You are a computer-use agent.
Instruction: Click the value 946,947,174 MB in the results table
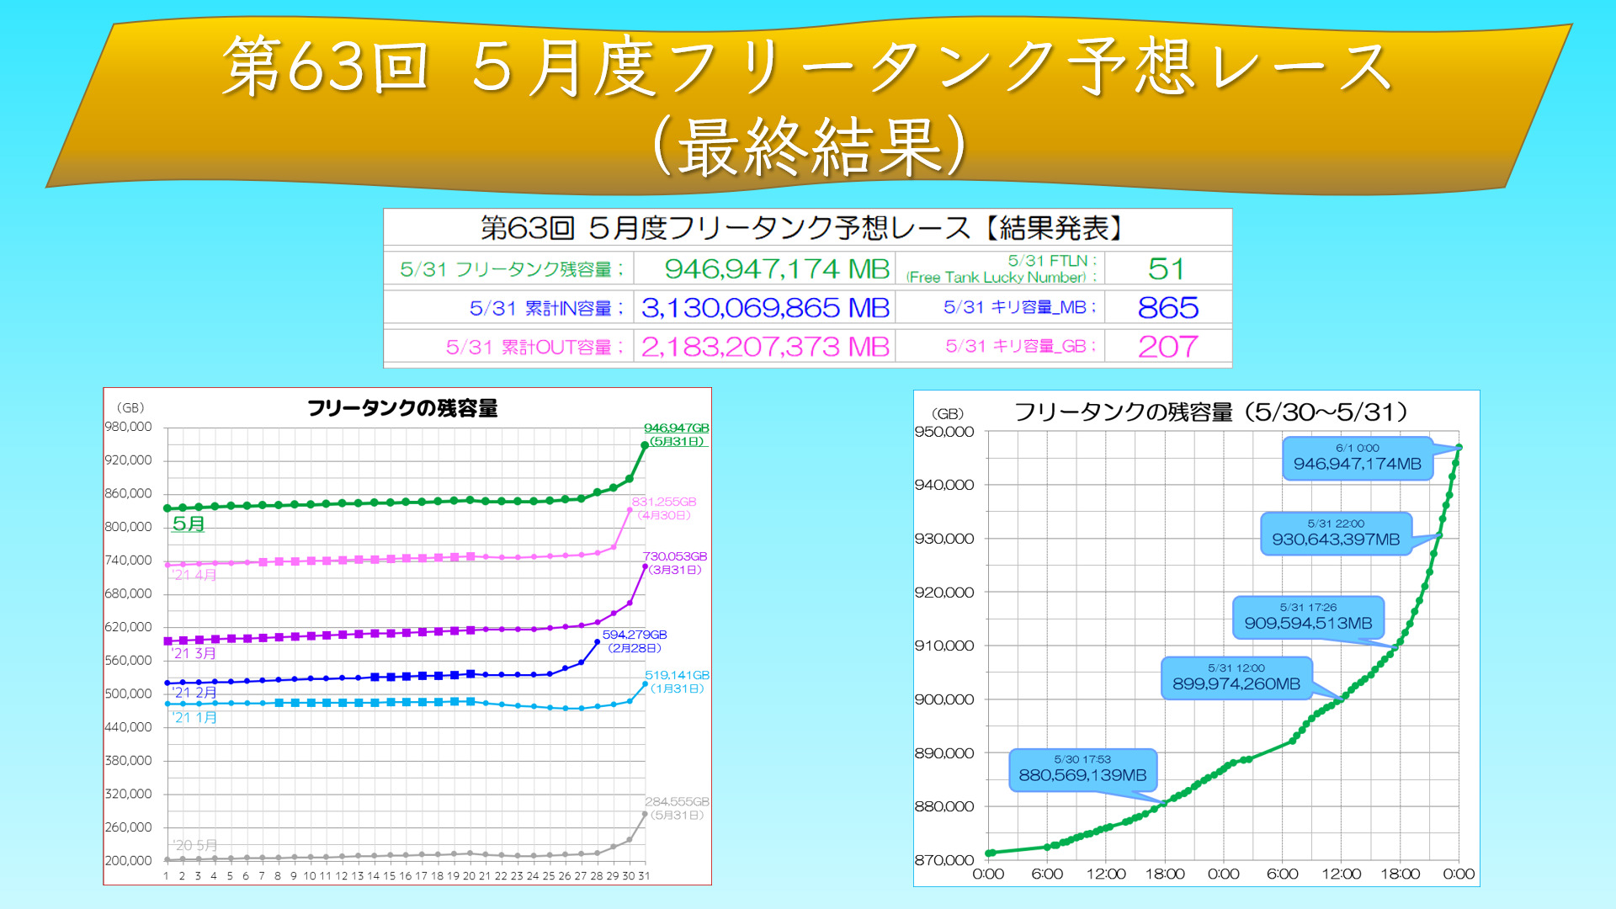(776, 269)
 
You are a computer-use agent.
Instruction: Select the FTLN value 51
(1166, 269)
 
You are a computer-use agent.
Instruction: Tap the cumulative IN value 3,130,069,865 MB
(764, 308)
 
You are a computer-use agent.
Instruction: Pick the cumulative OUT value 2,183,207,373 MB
(764, 347)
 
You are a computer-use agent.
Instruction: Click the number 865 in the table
(1167, 308)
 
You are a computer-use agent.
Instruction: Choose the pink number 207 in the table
(1167, 347)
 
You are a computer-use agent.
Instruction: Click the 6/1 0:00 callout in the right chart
(1357, 458)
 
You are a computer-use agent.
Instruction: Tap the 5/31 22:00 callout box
(1336, 534)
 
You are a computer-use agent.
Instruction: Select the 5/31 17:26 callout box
(1308, 618)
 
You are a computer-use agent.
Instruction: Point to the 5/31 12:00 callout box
(1236, 678)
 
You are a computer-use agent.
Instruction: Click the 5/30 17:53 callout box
(1082, 770)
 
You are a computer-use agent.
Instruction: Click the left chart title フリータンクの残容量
(402, 409)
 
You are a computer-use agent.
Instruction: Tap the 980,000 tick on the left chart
(129, 427)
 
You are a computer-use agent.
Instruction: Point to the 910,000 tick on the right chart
(944, 646)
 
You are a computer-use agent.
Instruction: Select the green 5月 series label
(189, 524)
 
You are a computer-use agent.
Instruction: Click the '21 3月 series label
(194, 653)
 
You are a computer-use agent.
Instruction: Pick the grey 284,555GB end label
(677, 802)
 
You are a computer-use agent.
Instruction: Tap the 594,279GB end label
(635, 635)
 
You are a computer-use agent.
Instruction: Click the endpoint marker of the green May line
(645, 445)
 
